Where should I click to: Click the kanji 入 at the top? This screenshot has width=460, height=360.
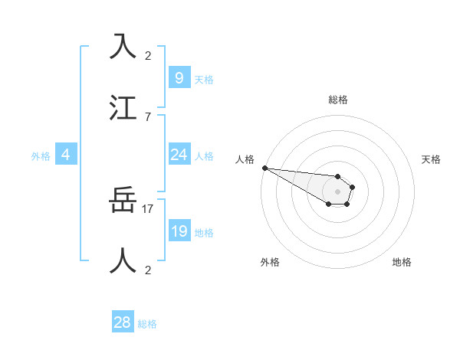point(124,47)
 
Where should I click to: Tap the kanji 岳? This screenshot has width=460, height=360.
point(124,201)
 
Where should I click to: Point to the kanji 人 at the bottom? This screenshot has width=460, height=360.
point(124,261)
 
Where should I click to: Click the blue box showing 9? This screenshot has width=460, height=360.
point(179,77)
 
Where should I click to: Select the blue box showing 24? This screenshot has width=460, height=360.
point(179,155)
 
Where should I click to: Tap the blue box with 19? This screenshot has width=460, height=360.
point(179,231)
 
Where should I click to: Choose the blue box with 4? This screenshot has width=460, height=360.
point(66,155)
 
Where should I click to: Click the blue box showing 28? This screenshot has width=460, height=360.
point(122,322)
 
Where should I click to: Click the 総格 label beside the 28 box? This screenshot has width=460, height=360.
point(147,324)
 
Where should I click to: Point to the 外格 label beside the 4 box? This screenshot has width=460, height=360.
point(41,156)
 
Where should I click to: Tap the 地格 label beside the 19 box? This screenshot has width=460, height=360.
point(204,233)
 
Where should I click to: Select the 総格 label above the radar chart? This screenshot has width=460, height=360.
point(338,100)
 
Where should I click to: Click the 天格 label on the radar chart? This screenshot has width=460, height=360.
point(432,159)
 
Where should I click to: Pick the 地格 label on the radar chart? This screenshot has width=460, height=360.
point(402,262)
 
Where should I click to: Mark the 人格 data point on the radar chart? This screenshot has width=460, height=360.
point(264,168)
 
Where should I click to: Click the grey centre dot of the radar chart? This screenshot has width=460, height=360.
point(337,191)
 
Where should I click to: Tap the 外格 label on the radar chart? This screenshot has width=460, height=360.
point(270,262)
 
